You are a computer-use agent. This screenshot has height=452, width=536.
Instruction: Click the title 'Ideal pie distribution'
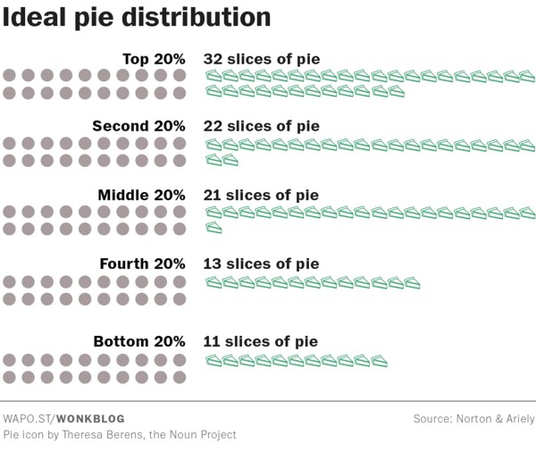[x=136, y=18]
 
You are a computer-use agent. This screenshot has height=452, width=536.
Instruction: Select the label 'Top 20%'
[x=154, y=59]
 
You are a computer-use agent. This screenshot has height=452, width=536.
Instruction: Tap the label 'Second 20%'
[x=138, y=127]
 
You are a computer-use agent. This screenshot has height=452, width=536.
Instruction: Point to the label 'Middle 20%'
[x=141, y=196]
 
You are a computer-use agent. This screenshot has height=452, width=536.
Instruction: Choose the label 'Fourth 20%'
[x=142, y=264]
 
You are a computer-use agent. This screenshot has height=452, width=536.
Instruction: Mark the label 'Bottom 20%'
[x=139, y=341]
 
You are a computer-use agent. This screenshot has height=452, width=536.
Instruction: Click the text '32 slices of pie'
[x=262, y=59]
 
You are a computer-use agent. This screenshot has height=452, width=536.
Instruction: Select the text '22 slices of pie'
[x=262, y=127]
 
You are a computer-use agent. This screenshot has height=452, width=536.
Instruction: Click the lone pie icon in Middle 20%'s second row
[x=214, y=229]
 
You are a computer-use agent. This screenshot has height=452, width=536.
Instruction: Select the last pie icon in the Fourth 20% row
[x=412, y=283]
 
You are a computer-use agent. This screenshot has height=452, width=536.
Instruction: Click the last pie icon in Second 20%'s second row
[x=230, y=160]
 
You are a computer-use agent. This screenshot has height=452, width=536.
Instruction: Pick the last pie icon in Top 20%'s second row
[x=396, y=91]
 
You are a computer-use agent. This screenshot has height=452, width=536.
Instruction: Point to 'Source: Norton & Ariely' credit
[x=473, y=418]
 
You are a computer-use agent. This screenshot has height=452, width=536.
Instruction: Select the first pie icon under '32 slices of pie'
[x=214, y=77]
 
